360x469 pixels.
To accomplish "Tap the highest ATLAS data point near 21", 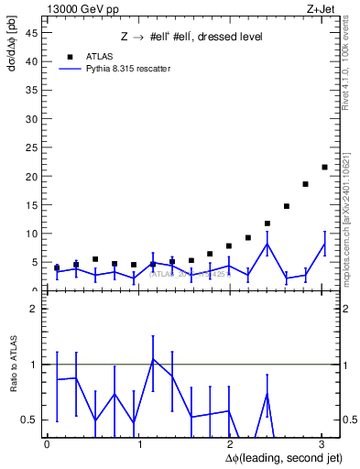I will (324, 167).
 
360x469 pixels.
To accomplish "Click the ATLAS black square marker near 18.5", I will (305, 184).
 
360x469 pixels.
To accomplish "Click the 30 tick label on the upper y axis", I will (33, 119).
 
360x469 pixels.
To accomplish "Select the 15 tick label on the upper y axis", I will (33, 205).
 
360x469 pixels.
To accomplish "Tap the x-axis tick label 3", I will (322, 443).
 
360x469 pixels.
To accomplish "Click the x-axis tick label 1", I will (139, 443).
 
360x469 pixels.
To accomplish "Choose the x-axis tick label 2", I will (231, 443).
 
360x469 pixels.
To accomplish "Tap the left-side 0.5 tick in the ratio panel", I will (31, 420).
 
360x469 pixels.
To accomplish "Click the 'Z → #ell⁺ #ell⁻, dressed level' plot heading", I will (191, 37).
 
